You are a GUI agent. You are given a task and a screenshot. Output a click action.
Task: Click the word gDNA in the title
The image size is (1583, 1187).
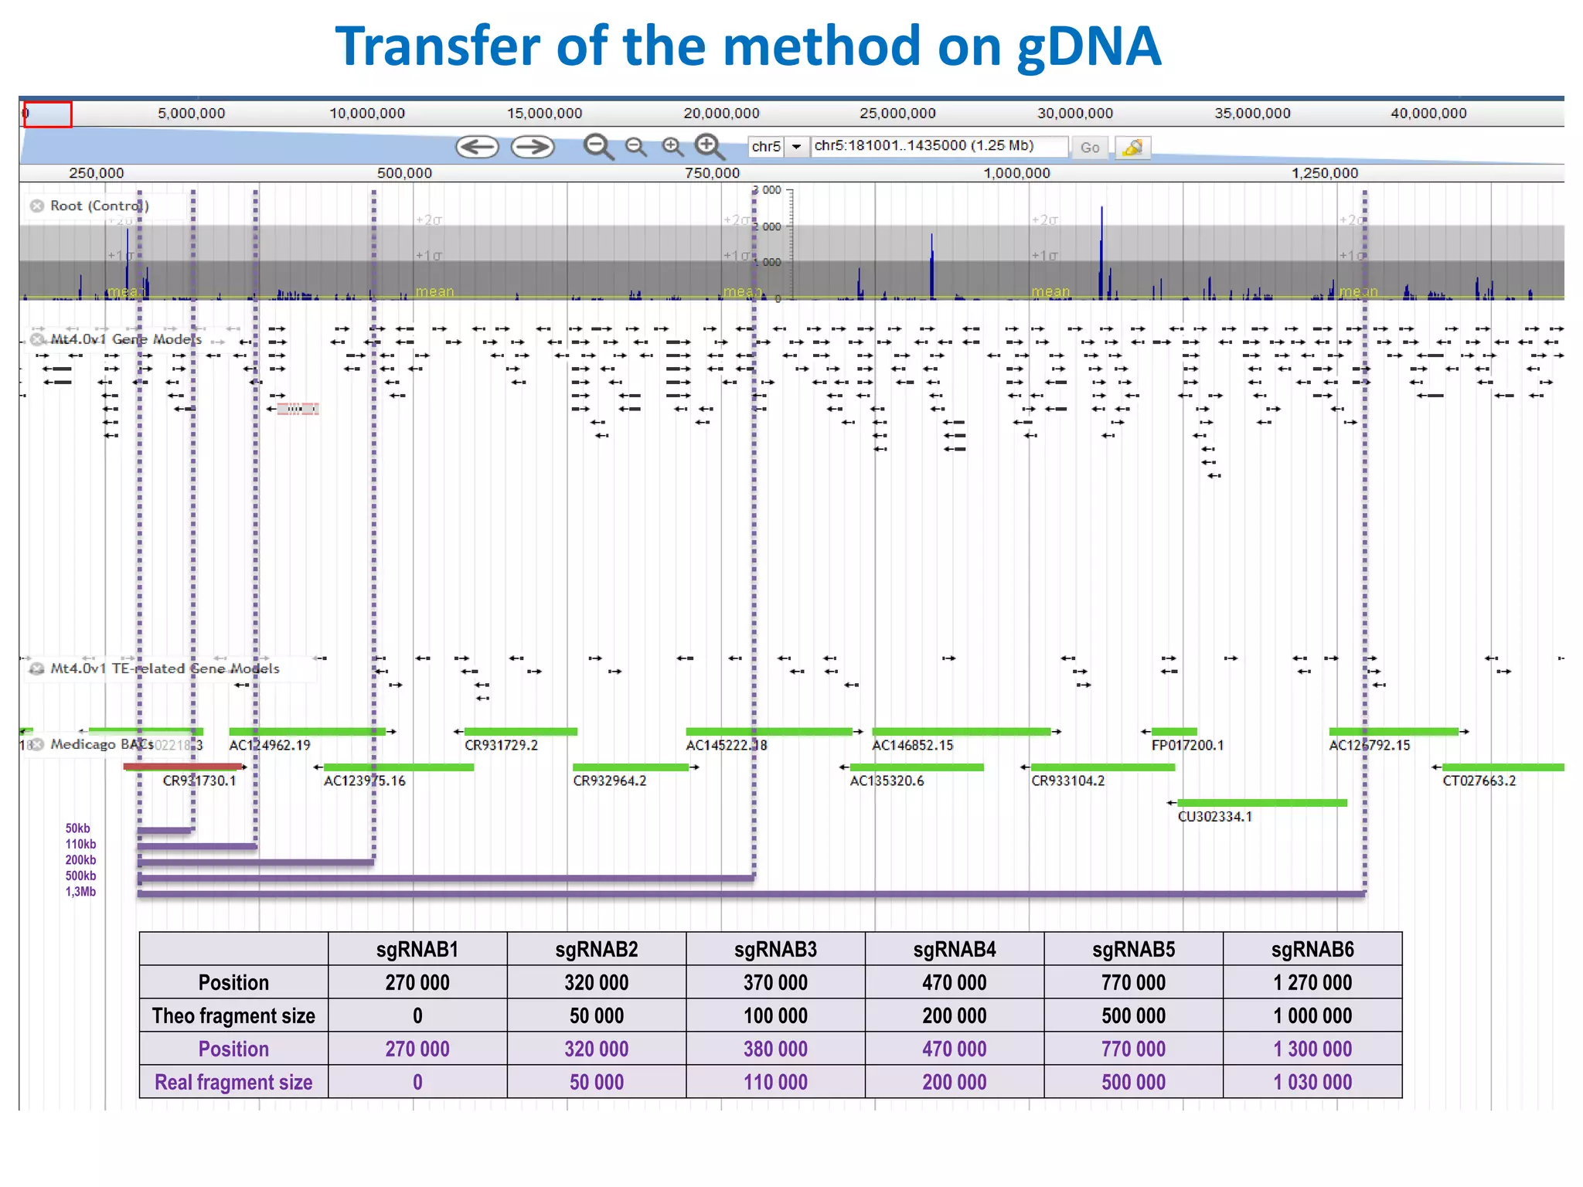point(1088,46)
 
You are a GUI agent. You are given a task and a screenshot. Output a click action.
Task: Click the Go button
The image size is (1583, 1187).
point(1089,148)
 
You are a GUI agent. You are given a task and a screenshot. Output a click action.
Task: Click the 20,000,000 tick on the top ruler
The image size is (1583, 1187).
point(721,114)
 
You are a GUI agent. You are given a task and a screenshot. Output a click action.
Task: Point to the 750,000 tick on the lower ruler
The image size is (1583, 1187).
point(712,173)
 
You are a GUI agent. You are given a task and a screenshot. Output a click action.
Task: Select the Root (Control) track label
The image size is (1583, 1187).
point(99,206)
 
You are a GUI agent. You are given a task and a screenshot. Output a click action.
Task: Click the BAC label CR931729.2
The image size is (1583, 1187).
point(501,746)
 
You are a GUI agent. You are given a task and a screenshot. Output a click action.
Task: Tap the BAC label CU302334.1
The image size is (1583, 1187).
point(1214,817)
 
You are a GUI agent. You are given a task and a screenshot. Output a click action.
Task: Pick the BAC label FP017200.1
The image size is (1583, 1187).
point(1187,746)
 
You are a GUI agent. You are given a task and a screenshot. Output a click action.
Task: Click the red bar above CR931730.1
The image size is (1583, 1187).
point(182,767)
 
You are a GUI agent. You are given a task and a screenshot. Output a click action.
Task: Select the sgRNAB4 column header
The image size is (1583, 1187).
point(954,949)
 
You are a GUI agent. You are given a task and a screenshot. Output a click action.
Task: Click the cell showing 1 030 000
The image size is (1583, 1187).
point(1312,1082)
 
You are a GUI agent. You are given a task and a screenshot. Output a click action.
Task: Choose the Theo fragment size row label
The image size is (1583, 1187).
point(233,1015)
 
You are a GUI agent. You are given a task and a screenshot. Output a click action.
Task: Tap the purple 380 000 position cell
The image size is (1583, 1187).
point(775,1049)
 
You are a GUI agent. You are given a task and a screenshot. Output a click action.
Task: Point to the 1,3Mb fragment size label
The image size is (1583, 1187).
point(80,892)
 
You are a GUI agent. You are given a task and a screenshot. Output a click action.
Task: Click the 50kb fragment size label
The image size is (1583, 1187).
point(77,828)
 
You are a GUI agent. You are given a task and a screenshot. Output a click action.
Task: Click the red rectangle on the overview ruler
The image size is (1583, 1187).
point(48,114)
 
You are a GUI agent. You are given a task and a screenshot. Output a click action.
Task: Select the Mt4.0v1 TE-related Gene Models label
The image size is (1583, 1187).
point(164,668)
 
